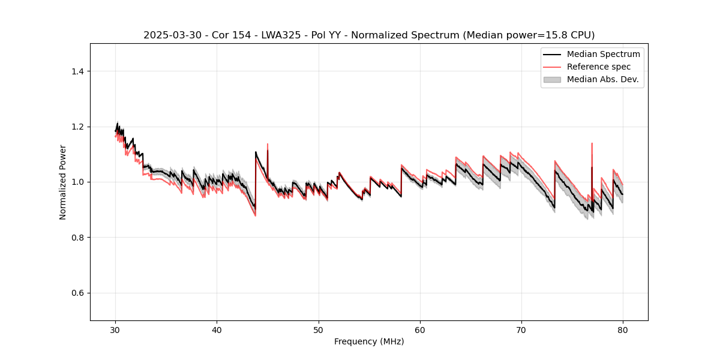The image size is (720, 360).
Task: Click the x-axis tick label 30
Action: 115,329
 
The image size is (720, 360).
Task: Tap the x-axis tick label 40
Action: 217,329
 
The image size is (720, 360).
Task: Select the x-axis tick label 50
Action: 319,329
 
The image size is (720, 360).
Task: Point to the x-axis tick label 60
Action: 420,329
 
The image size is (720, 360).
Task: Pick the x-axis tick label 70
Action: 521,329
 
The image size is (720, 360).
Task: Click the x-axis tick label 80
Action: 623,329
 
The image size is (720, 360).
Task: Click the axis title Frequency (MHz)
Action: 369,341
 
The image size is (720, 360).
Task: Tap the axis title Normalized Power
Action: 63,182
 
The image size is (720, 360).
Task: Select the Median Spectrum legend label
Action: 603,54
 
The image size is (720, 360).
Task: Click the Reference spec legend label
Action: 599,67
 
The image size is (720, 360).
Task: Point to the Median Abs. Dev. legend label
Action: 603,79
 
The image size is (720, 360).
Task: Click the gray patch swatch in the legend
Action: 552,79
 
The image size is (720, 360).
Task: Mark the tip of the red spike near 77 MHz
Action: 592,143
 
